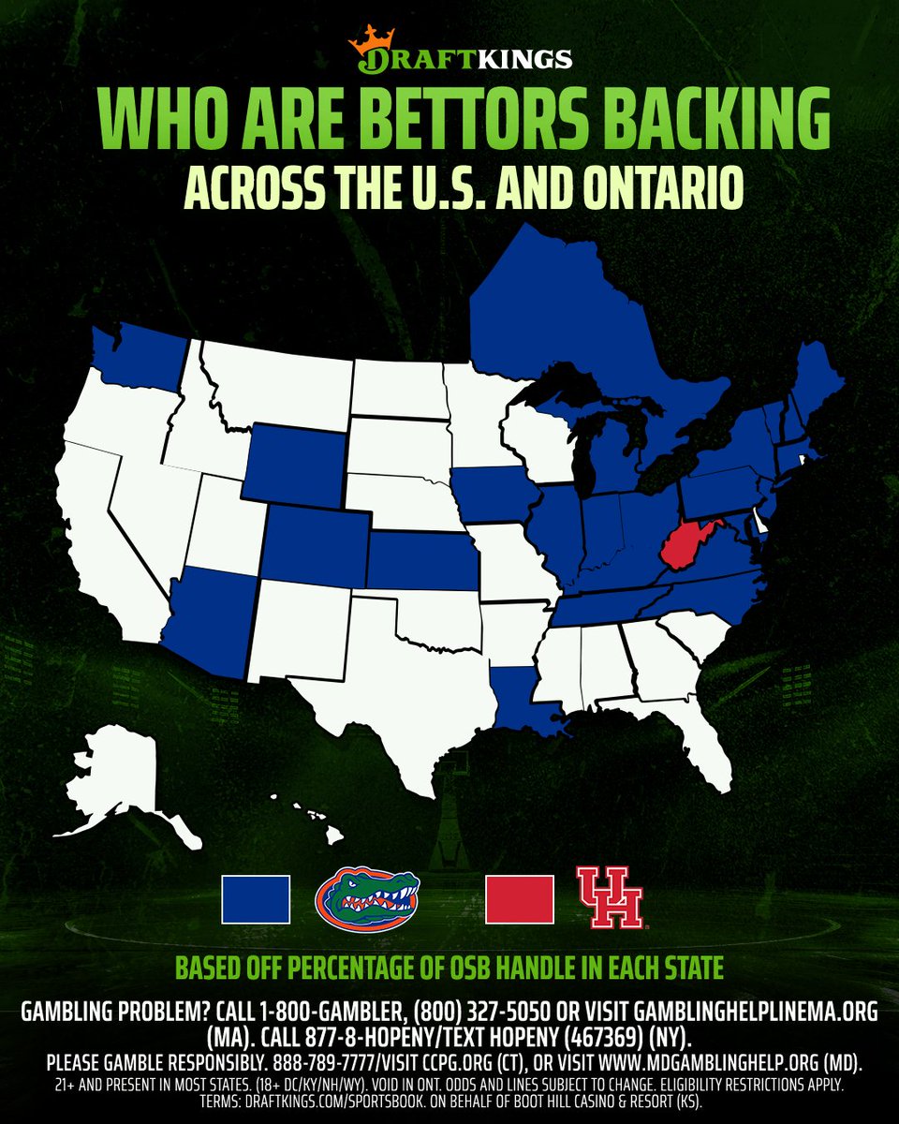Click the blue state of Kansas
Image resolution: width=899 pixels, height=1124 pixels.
click(x=421, y=561)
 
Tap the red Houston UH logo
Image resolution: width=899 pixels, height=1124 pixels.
click(x=610, y=899)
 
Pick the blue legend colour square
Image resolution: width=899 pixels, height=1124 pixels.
click(x=256, y=900)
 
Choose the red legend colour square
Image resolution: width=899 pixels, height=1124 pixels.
click(x=520, y=900)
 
